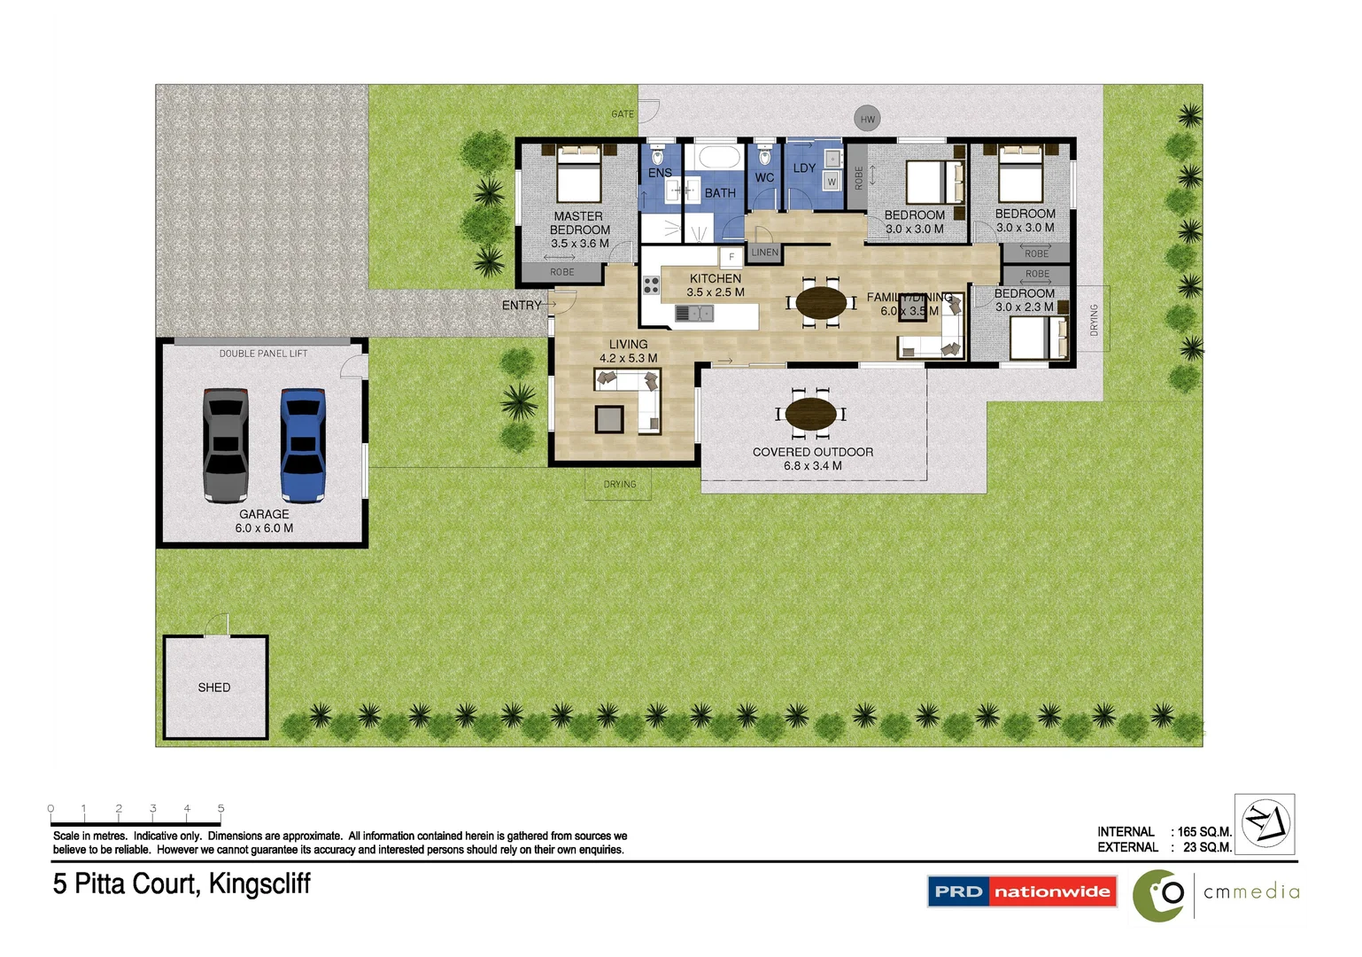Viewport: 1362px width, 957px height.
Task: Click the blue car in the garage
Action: [303, 444]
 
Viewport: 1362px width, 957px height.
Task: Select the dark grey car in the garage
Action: [226, 444]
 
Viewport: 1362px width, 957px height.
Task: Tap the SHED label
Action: [214, 688]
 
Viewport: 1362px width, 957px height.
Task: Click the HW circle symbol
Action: [867, 119]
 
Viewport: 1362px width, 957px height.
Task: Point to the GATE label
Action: [623, 114]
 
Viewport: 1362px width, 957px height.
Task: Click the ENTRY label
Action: [522, 306]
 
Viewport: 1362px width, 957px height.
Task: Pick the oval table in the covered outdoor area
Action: [810, 414]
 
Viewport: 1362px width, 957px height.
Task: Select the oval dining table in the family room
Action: [821, 303]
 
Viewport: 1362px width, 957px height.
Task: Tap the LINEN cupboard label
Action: [764, 253]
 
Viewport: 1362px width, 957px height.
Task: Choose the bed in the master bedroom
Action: [579, 175]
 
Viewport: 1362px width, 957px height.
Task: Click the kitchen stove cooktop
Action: [652, 285]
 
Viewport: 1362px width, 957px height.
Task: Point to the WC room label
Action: [764, 178]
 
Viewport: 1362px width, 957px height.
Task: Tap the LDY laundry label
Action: [804, 168]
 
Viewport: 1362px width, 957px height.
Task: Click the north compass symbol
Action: [1265, 823]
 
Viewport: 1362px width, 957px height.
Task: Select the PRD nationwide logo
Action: [1022, 891]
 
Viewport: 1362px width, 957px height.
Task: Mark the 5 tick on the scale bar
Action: [221, 809]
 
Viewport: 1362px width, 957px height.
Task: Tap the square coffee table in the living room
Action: [609, 418]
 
